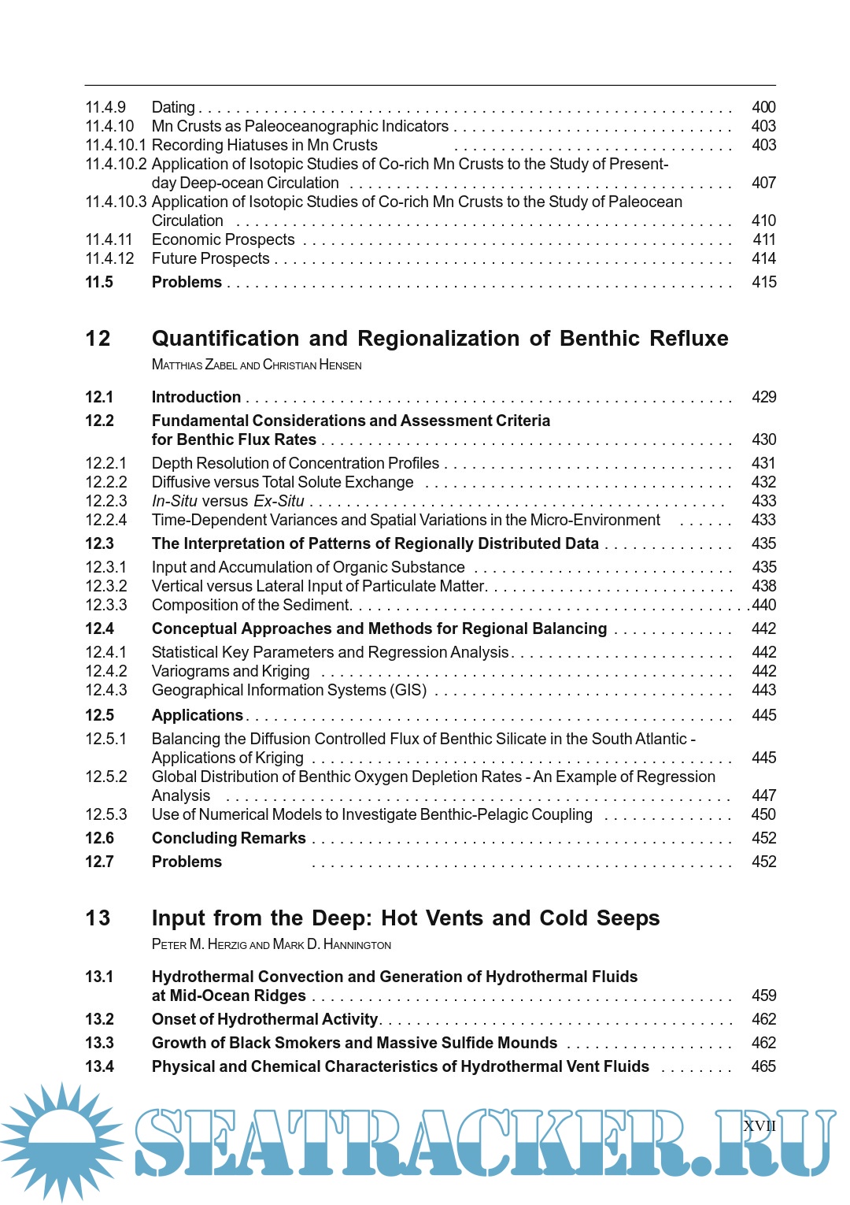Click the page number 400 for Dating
[x=763, y=107]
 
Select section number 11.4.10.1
[x=116, y=145]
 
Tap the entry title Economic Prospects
[x=223, y=239]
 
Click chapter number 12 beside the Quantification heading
[x=98, y=339]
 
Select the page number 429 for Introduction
[x=763, y=397]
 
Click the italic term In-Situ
[x=174, y=501]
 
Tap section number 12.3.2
[x=106, y=586]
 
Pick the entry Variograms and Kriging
[x=231, y=671]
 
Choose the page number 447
[x=763, y=795]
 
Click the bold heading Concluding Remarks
[x=228, y=838]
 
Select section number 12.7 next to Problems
[x=99, y=862]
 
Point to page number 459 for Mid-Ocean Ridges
[x=763, y=996]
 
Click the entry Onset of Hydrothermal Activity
[x=264, y=1019]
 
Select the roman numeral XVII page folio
[x=759, y=1126]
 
